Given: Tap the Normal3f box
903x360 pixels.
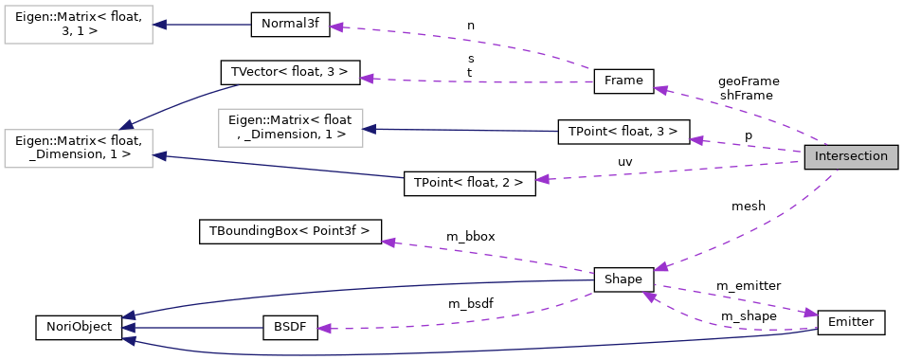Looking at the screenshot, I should coord(290,26).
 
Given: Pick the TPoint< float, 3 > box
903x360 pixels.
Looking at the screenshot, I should coord(623,132).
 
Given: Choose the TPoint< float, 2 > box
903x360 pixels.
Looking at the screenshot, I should coord(469,183).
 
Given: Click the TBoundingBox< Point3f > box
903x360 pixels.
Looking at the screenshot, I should coord(290,230).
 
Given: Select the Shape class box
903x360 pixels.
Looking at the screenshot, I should coord(623,279).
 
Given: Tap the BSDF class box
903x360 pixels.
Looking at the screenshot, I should coord(290,328).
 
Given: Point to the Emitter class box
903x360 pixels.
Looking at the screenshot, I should coord(850,322).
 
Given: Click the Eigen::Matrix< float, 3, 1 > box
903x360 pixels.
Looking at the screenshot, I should coord(79,26).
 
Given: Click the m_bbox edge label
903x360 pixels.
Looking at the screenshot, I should coord(471,235).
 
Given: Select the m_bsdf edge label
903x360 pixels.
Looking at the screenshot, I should coord(471,304).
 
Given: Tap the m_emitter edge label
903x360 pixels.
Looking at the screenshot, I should coord(748,286).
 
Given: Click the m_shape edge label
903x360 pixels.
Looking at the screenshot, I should coord(748,315).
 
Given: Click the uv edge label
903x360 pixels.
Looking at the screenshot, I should coord(624,162).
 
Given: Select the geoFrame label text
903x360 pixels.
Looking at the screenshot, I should coord(748,81).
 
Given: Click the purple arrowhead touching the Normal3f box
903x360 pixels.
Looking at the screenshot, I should coord(335,27).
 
